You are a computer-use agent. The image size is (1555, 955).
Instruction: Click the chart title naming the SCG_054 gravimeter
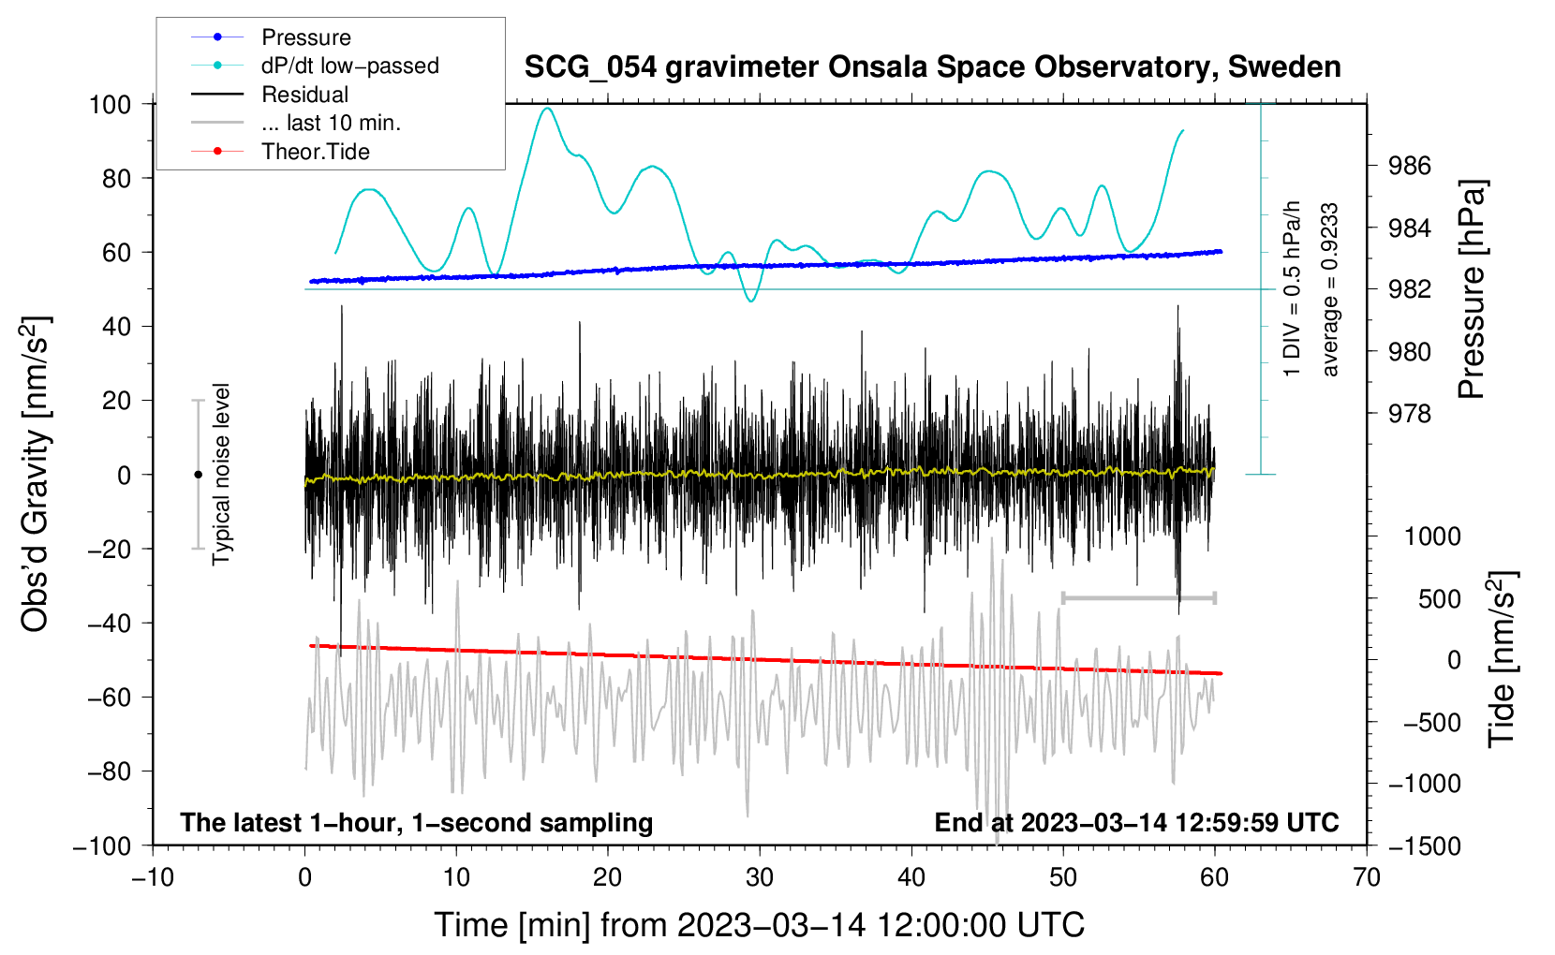pyautogui.click(x=932, y=67)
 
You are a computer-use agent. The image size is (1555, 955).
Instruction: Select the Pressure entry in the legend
pyautogui.click(x=305, y=37)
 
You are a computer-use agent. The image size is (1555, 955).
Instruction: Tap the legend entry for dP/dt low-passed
pyautogui.click(x=349, y=66)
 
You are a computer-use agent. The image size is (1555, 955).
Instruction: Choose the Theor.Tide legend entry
pyautogui.click(x=315, y=152)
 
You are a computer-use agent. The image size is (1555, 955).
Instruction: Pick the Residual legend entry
pyautogui.click(x=304, y=95)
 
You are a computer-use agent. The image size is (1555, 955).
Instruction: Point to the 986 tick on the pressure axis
pyautogui.click(x=1410, y=166)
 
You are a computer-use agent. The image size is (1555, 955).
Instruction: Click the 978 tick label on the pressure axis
pyautogui.click(x=1410, y=414)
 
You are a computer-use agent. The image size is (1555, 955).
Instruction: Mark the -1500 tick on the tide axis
pyautogui.click(x=1424, y=845)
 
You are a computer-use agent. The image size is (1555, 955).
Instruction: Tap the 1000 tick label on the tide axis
pyautogui.click(x=1432, y=536)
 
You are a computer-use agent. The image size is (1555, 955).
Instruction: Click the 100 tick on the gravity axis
pyautogui.click(x=110, y=104)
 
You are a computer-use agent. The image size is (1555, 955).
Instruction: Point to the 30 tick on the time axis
pyautogui.click(x=760, y=877)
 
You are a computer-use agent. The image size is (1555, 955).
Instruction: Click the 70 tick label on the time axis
pyautogui.click(x=1367, y=877)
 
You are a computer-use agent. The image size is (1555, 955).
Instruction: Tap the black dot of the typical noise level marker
pyautogui.click(x=198, y=475)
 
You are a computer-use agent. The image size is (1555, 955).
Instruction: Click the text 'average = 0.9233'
pyautogui.click(x=1330, y=290)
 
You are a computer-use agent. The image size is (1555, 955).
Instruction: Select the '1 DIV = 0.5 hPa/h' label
pyautogui.click(x=1293, y=288)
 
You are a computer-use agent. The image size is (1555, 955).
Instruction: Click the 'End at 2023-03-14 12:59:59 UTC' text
pyautogui.click(x=1136, y=823)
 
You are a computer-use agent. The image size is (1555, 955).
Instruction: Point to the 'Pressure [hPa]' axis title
pyautogui.click(x=1472, y=290)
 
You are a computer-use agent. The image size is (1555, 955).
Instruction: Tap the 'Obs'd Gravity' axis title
pyautogui.click(x=35, y=475)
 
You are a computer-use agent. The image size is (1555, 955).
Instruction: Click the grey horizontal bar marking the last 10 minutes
pyautogui.click(x=1138, y=597)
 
